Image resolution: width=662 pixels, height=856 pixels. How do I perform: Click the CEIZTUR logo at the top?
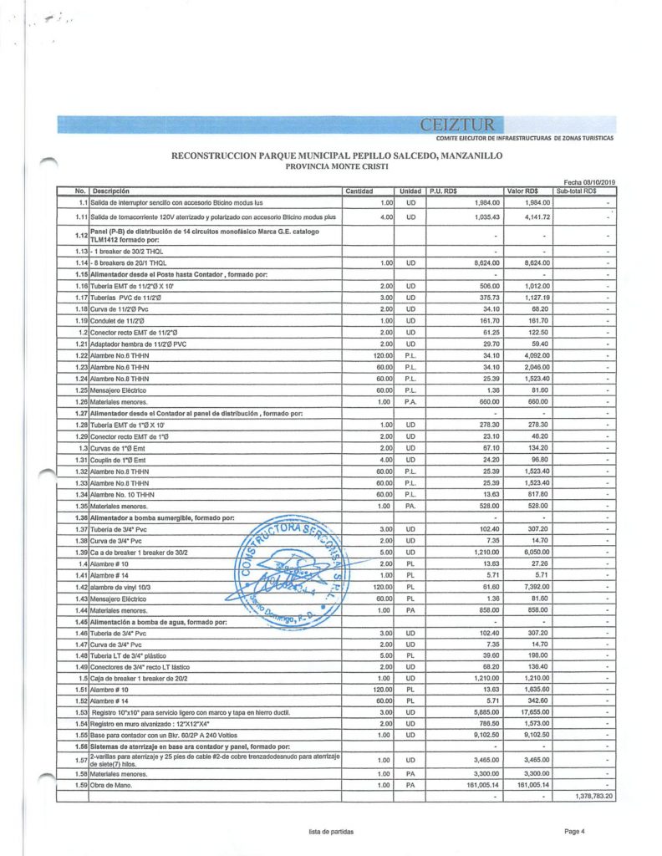[x=452, y=125]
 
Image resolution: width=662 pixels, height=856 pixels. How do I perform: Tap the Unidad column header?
[x=410, y=191]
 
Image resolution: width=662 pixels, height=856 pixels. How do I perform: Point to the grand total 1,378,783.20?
[x=594, y=797]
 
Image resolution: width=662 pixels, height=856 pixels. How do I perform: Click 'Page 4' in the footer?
[x=574, y=830]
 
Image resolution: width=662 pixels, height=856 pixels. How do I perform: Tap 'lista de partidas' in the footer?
[x=330, y=830]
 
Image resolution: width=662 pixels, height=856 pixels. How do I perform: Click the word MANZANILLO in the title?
[x=462, y=156]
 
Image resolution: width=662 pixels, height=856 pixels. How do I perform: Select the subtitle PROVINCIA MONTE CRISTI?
[x=330, y=166]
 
